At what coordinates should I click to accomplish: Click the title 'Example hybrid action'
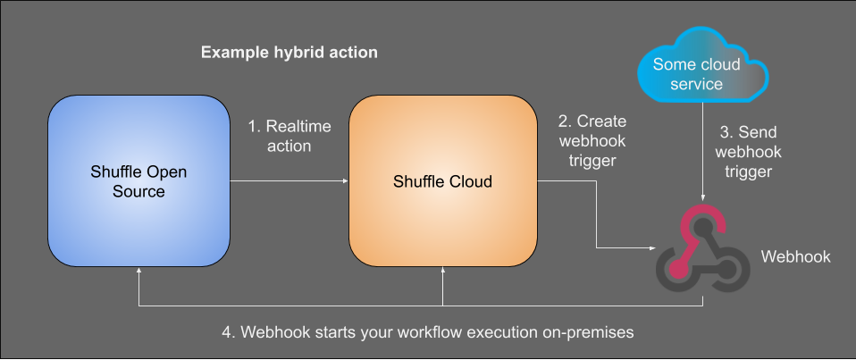[289, 53]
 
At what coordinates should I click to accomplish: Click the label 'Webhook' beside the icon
[795, 257]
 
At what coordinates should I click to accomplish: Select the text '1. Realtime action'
[289, 136]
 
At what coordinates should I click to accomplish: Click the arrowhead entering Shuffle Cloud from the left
[345, 181]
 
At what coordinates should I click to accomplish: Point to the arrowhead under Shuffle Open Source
[138, 270]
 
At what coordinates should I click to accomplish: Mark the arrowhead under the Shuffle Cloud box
[442, 270]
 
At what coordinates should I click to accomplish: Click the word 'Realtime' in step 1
[298, 126]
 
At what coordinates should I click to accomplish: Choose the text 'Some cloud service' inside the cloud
[697, 74]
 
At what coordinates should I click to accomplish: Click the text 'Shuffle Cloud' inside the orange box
[442, 182]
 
